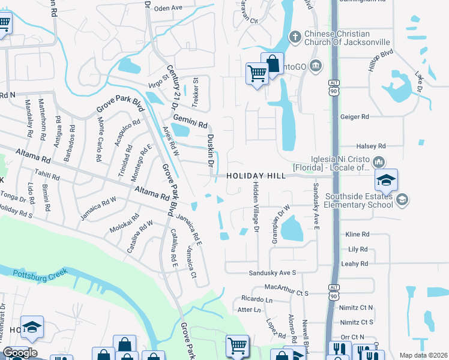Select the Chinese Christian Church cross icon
[x=294, y=37]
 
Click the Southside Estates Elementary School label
[x=359, y=201]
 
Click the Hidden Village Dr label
[x=256, y=207]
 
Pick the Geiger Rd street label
[x=354, y=117]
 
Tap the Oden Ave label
[x=167, y=8]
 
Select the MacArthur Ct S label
[x=286, y=293]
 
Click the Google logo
[x=20, y=353]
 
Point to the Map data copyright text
[x=423, y=355]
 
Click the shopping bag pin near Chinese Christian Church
[x=272, y=64]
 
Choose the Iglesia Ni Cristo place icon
[x=379, y=162]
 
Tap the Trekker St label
[x=194, y=88]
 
